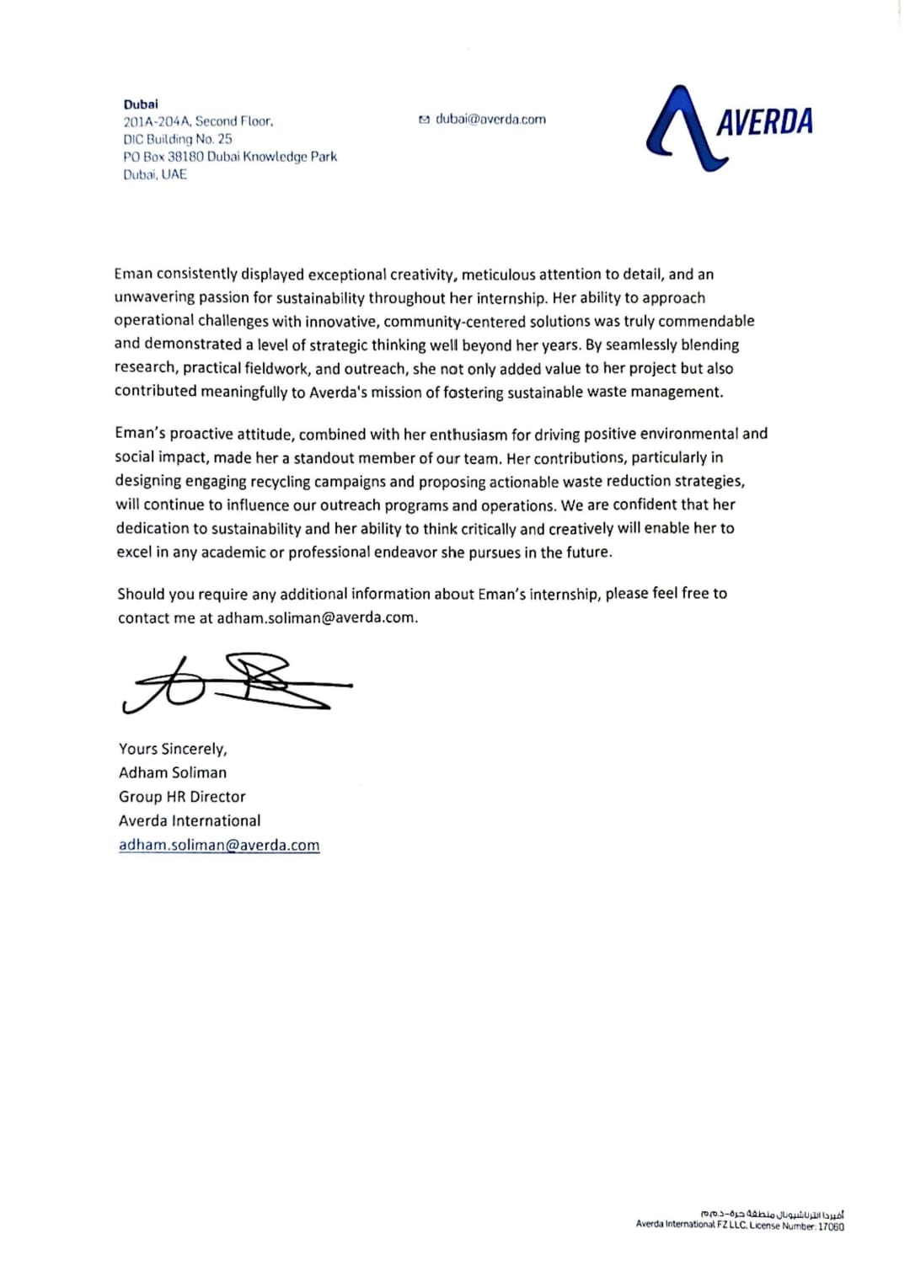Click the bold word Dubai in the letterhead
[141, 104]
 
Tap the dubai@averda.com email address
[490, 120]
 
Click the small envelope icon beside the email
[424, 120]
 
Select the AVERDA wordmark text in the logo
[764, 122]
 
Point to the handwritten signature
[236, 682]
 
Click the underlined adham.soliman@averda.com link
[219, 845]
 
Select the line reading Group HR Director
[182, 797]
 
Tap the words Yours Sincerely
[173, 749]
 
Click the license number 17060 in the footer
[831, 1226]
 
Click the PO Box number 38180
[185, 157]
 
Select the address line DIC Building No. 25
[178, 139]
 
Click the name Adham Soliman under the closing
[173, 772]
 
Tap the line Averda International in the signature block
[190, 820]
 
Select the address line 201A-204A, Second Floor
[198, 121]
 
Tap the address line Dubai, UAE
[155, 174]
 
